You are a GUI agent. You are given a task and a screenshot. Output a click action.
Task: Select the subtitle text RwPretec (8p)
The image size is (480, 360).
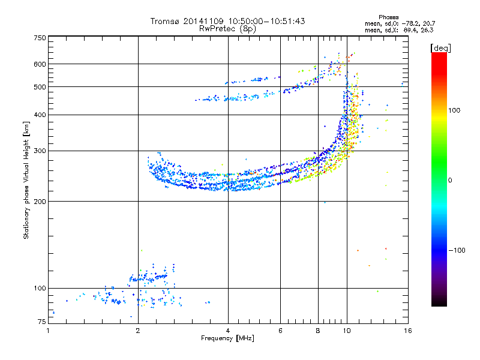coord(227,29)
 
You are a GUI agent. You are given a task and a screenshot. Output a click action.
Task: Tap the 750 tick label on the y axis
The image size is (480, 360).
coord(40,38)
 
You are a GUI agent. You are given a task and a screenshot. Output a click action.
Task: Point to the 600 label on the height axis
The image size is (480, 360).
coord(40,64)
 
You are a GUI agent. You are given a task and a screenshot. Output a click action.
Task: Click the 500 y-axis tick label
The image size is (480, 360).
coord(40,87)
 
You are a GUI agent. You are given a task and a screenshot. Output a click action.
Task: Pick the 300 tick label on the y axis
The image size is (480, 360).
coord(40,151)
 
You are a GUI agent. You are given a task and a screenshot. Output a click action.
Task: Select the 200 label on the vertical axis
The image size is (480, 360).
coord(40,202)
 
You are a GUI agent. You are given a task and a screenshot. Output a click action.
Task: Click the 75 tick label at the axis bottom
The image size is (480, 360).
coord(42,322)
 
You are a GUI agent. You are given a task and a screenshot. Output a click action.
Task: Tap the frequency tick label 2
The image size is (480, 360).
coord(138,331)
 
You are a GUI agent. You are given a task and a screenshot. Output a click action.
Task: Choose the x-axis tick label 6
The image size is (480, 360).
coord(280,331)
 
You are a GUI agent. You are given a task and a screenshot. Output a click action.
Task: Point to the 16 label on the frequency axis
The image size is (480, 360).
coord(408,331)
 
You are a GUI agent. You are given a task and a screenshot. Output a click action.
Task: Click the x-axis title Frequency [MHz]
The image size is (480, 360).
coord(227,338)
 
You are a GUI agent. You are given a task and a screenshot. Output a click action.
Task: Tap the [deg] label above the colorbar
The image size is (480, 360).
coord(440,49)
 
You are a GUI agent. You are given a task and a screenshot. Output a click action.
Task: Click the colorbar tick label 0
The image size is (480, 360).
coord(450,181)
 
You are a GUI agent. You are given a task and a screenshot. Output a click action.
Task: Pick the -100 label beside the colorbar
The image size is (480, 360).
coord(457,250)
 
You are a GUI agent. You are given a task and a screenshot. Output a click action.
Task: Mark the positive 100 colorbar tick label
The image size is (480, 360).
coord(454,110)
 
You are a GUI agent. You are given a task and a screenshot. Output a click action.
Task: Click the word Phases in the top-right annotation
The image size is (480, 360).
coord(388,17)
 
